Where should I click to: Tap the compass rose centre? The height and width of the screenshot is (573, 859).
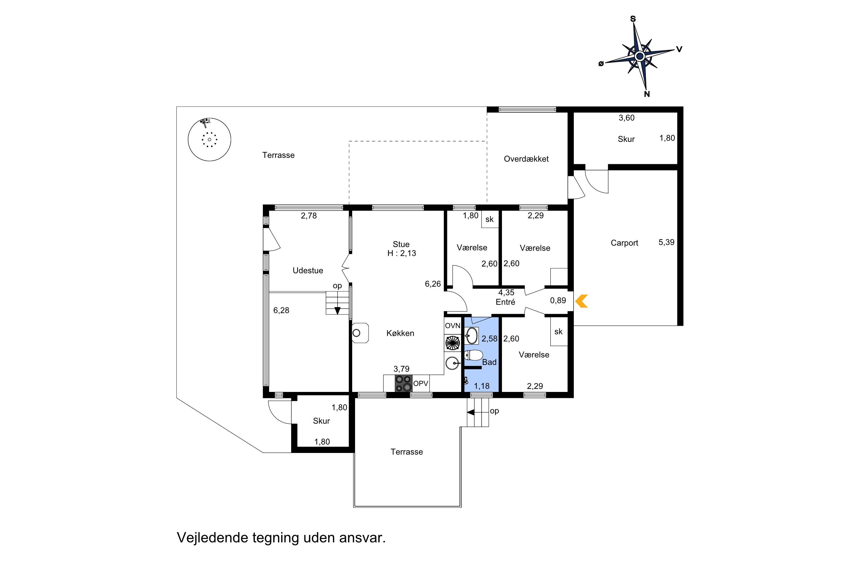click(639, 56)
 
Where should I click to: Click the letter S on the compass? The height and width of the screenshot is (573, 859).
click(633, 19)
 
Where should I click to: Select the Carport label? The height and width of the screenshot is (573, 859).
click(624, 243)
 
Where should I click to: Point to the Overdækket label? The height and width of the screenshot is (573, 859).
click(526, 159)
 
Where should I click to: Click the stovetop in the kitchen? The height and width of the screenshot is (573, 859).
click(403, 383)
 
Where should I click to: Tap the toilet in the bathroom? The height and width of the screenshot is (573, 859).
click(473, 355)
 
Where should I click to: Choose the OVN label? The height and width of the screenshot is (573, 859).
click(452, 325)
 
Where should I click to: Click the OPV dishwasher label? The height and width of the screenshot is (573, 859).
click(420, 384)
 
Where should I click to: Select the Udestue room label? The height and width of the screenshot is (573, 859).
click(308, 271)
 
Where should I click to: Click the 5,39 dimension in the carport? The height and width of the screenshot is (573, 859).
click(666, 242)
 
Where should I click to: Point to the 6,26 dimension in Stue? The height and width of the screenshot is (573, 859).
click(433, 284)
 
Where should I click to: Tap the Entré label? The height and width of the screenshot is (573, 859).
click(505, 302)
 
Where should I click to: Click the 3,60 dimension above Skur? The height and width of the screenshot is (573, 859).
click(626, 118)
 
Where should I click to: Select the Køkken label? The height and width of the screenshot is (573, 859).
click(400, 333)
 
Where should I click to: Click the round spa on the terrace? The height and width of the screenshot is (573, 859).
click(209, 139)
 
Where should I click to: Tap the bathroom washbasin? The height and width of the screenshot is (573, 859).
click(472, 336)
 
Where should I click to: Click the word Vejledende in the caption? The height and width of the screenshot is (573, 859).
click(212, 537)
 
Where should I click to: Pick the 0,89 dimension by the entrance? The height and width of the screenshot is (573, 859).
click(558, 300)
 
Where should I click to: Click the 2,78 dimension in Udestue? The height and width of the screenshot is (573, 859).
click(309, 216)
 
